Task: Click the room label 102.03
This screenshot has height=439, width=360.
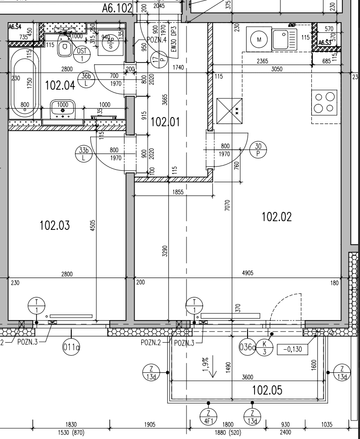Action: coord(55,225)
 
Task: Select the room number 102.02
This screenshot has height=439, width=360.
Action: coord(277,216)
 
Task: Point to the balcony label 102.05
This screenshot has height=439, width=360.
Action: coord(267,390)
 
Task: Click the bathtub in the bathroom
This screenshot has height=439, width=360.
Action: coord(23,83)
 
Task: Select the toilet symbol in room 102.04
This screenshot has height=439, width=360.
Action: coord(65,48)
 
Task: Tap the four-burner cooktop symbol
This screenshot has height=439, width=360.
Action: coord(324,102)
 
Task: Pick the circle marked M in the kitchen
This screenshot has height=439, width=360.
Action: coord(259,40)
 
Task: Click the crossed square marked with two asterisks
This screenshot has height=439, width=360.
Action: coord(230,111)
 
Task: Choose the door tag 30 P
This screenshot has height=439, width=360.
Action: coord(258,149)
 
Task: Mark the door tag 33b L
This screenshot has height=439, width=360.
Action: coord(84,154)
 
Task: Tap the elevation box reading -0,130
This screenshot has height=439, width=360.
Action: coord(292,349)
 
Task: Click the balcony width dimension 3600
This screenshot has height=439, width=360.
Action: coord(247,377)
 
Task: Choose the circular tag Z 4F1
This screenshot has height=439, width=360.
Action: coord(208,417)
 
